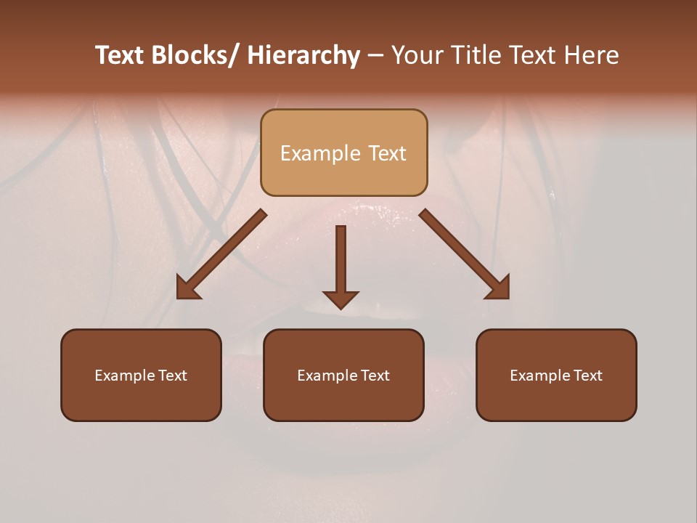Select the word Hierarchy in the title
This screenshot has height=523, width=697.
(x=303, y=56)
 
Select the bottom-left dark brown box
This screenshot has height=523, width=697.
(x=141, y=375)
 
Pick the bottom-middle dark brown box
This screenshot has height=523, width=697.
(x=343, y=375)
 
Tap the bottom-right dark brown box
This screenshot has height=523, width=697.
(x=556, y=375)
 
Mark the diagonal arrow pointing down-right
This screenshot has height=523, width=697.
(x=465, y=254)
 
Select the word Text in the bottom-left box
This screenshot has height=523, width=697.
(x=173, y=376)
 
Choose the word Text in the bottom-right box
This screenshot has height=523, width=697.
(x=588, y=376)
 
